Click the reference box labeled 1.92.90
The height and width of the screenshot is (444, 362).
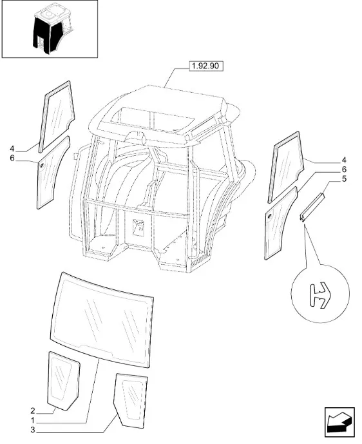pos(205,66)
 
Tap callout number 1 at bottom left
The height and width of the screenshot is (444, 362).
pos(33,420)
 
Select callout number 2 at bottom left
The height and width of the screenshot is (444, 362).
pos(33,410)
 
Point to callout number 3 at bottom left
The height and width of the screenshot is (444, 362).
pos(33,430)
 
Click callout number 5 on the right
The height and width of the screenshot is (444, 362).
pos(344,179)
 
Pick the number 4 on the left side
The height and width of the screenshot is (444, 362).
pos(12,149)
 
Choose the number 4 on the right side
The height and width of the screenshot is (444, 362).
pos(344,160)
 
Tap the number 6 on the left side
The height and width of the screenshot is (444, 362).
pos(12,158)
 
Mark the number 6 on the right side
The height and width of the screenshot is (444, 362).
pos(344,169)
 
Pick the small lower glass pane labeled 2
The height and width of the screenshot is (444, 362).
pos(63,380)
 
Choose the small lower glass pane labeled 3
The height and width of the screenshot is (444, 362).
pos(131,400)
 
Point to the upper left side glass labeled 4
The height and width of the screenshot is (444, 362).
pos(57,115)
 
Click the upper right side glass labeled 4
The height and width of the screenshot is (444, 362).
pos(286,166)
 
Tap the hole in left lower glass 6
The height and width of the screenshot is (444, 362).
pos(42,166)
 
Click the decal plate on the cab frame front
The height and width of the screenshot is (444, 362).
pos(138,227)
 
